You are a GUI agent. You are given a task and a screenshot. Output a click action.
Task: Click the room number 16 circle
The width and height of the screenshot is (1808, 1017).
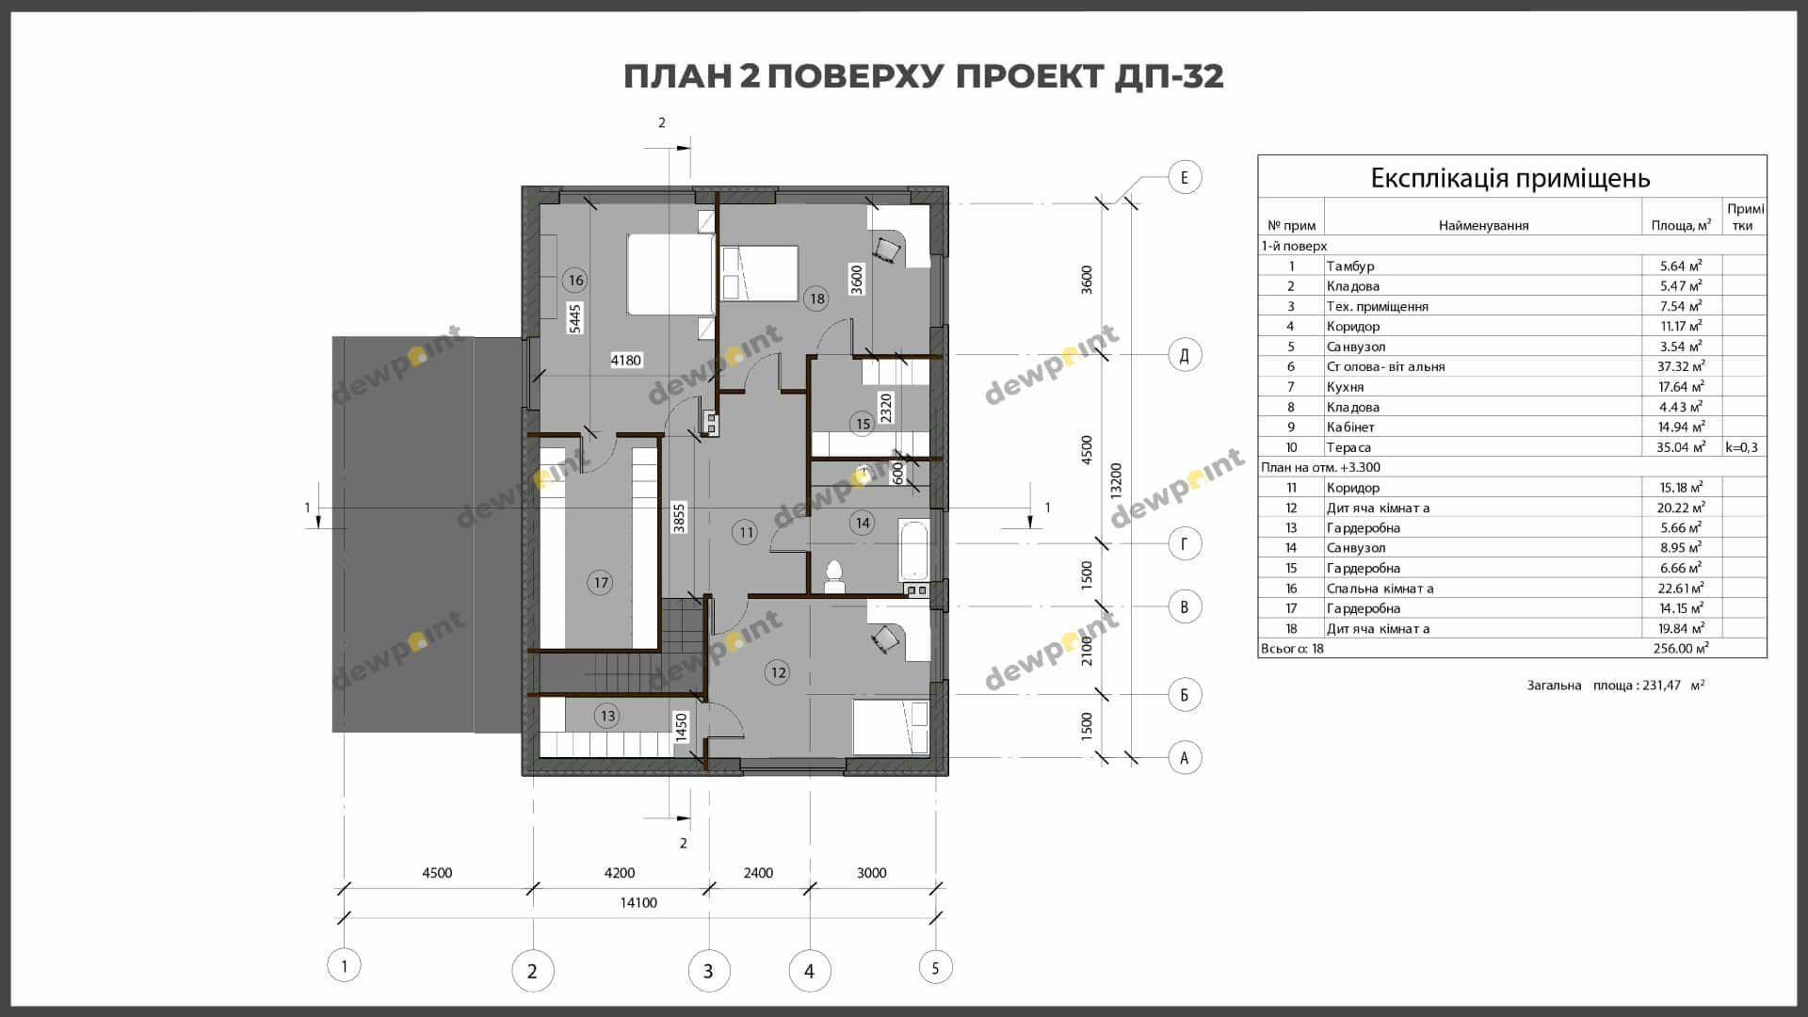pos(575,280)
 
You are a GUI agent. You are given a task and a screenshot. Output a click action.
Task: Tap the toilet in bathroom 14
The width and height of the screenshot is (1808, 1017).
pos(834,577)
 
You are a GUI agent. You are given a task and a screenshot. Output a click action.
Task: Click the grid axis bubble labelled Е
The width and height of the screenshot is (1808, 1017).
pos(1185,177)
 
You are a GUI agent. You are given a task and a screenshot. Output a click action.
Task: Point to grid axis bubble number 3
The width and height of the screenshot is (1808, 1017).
pos(708,971)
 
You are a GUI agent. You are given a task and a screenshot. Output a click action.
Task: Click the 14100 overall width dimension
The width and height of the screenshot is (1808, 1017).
pos(638,902)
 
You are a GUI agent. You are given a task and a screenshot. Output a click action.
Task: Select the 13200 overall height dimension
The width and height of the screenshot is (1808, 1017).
pos(1117,480)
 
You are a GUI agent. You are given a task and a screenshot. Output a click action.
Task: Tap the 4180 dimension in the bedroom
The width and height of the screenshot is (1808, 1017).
pos(625,360)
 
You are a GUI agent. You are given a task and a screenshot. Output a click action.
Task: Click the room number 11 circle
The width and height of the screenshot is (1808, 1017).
pos(746,532)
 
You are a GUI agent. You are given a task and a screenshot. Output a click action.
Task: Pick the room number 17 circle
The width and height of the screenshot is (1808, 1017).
pos(601,583)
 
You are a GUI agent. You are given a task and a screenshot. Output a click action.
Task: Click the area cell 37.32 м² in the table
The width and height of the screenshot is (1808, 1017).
pos(1681,366)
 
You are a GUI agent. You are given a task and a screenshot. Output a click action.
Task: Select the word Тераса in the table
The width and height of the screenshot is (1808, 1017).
pos(1348,447)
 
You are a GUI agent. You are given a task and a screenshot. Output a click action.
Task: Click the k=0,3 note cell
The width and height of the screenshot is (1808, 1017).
pos(1742,447)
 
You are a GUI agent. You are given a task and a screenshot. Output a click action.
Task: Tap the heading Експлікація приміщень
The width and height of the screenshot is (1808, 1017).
pos(1510,178)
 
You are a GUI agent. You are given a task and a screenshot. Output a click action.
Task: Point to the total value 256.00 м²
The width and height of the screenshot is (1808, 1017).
pos(1681,648)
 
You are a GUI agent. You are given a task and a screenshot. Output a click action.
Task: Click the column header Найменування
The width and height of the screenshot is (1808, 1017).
pos(1483,225)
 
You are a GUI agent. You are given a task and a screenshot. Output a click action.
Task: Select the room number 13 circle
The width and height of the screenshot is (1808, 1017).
pos(607,716)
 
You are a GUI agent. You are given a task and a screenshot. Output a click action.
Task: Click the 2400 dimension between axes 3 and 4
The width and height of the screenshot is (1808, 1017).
pos(758,873)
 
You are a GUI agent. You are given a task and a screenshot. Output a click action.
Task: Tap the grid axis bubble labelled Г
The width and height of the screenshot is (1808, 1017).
pos(1185,543)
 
